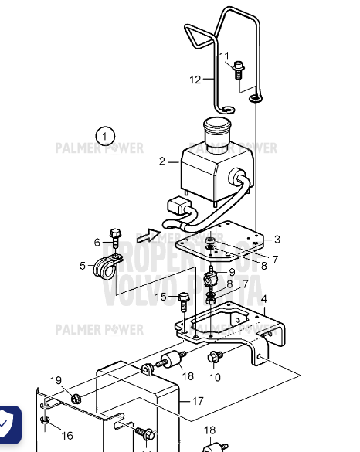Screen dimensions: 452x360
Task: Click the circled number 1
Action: pos(106,136)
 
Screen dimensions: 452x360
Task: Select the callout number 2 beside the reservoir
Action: pos(162,161)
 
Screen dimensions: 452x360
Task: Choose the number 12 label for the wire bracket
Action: pos(195,79)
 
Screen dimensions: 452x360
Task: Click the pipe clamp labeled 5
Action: pos(103,267)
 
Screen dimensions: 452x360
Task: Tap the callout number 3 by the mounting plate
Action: pos(277,240)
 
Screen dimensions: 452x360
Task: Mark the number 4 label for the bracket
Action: pos(263,298)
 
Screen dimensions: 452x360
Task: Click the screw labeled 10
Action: pos(212,356)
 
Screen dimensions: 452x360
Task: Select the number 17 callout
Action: pos(198,401)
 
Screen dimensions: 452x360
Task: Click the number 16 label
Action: pos(67,436)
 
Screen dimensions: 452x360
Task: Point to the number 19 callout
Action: pos(56,380)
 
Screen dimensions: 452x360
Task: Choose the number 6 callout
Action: pos(97,242)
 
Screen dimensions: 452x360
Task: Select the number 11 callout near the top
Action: pos(224,56)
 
